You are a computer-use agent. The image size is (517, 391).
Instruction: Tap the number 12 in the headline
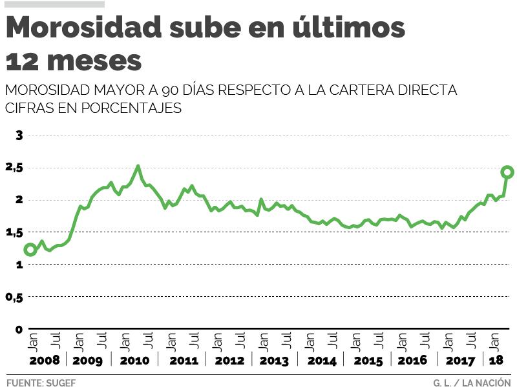[x=23, y=61]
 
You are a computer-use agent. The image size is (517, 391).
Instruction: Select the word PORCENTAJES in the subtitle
[x=131, y=108]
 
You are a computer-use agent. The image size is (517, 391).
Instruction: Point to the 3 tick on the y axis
[x=19, y=135]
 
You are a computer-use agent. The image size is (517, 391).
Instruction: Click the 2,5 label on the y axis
[x=14, y=168]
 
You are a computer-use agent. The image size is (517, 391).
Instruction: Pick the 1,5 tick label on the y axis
[x=14, y=232]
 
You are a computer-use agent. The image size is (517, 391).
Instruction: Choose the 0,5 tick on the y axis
[x=14, y=297]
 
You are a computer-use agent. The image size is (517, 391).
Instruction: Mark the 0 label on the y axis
[x=19, y=329]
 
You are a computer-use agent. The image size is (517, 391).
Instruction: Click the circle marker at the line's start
[x=30, y=250]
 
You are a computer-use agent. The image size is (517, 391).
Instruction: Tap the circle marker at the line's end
[x=507, y=172]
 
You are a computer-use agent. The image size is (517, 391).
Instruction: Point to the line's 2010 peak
[x=138, y=166]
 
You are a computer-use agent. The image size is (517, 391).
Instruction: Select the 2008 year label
[x=44, y=360]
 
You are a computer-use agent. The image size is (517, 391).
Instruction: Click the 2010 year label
[x=134, y=360]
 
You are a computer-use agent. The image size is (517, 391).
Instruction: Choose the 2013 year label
[x=273, y=360]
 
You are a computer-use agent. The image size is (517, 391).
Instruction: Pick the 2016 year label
[x=412, y=360]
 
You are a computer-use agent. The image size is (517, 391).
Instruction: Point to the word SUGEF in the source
[x=62, y=383]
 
